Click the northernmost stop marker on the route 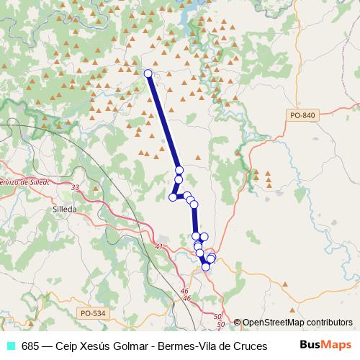(148, 73)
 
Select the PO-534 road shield (93, 312)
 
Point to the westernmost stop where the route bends (173, 197)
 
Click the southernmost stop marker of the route (206, 267)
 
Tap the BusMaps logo (325, 345)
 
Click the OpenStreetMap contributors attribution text (297, 323)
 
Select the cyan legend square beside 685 (11, 346)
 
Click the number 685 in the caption (30, 346)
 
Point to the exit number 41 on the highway (159, 247)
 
